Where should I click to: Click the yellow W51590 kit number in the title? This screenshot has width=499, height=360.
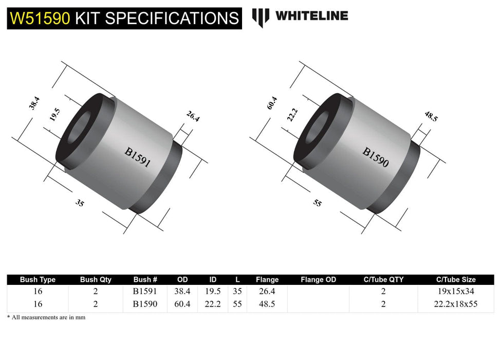coord(40,18)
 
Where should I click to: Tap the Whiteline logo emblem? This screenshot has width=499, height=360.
coord(261,17)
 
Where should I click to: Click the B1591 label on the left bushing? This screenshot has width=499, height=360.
coord(137,157)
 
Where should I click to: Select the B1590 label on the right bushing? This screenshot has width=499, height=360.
coord(376,158)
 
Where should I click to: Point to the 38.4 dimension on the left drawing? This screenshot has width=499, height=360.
coord(34,104)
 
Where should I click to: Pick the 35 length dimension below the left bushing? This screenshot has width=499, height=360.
coord(80,203)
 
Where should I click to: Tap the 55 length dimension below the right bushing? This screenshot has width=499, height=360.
coord(317,203)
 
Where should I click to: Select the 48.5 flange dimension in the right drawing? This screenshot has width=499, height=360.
coord(431,117)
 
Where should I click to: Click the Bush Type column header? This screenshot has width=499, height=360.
coord(38,280)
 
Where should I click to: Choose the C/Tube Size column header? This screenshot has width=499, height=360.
coord(455,280)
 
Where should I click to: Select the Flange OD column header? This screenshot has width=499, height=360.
coord(318,280)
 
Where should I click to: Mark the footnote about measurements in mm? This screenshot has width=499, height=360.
coord(46,317)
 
